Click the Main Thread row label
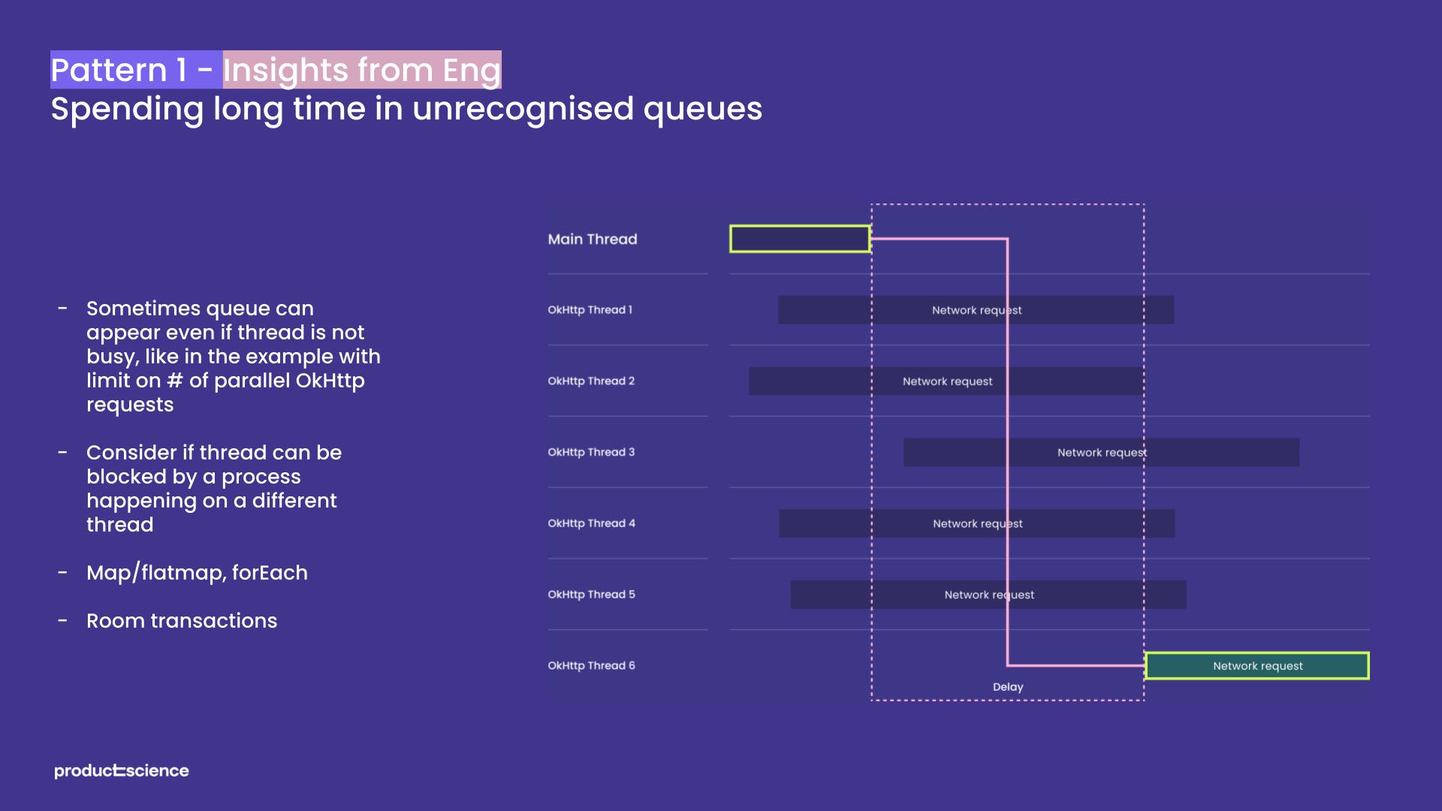592,239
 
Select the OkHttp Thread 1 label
590,309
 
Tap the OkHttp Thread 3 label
591,452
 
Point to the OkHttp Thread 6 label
591,665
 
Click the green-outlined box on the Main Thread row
800,239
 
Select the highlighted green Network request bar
1257,666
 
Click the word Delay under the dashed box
1008,687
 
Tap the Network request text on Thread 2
947,381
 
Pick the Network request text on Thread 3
1102,453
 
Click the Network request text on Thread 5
989,595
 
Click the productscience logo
122,770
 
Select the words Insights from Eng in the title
361,70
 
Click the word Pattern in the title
109,70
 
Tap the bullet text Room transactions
182,621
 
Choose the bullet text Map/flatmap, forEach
197,573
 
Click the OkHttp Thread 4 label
591,523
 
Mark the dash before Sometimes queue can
63,308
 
